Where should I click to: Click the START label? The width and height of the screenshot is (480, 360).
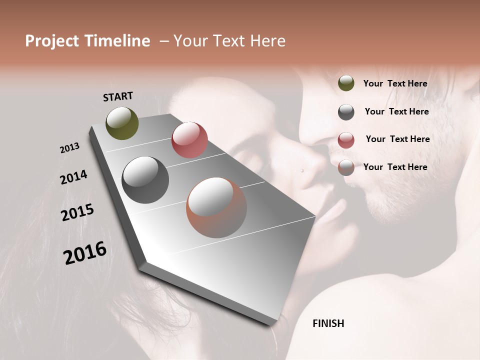pyautogui.click(x=118, y=96)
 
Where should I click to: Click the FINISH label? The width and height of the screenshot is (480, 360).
pyautogui.click(x=328, y=323)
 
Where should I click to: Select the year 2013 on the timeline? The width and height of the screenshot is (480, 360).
pyautogui.click(x=70, y=148)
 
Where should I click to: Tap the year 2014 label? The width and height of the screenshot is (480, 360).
pyautogui.click(x=74, y=177)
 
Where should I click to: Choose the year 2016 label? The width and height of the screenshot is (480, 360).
pyautogui.click(x=85, y=253)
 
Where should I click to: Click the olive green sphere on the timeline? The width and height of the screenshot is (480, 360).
pyautogui.click(x=122, y=123)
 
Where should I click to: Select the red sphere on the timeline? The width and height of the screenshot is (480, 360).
pyautogui.click(x=189, y=139)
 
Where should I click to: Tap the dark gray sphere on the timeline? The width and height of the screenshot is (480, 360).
pyautogui.click(x=145, y=180)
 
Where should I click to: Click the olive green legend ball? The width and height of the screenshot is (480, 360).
pyautogui.click(x=346, y=83)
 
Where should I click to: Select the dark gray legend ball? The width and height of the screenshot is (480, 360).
pyautogui.click(x=346, y=112)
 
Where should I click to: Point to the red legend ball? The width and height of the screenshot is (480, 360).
pyautogui.click(x=346, y=140)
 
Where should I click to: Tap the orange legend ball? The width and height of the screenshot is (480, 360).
pyautogui.click(x=346, y=167)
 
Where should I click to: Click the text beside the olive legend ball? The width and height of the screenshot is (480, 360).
pyautogui.click(x=395, y=84)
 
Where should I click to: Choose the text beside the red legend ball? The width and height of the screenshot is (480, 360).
pyautogui.click(x=397, y=139)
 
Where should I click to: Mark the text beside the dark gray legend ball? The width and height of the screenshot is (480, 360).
pyautogui.click(x=396, y=111)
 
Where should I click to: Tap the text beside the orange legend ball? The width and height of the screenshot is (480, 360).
pyautogui.click(x=395, y=167)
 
